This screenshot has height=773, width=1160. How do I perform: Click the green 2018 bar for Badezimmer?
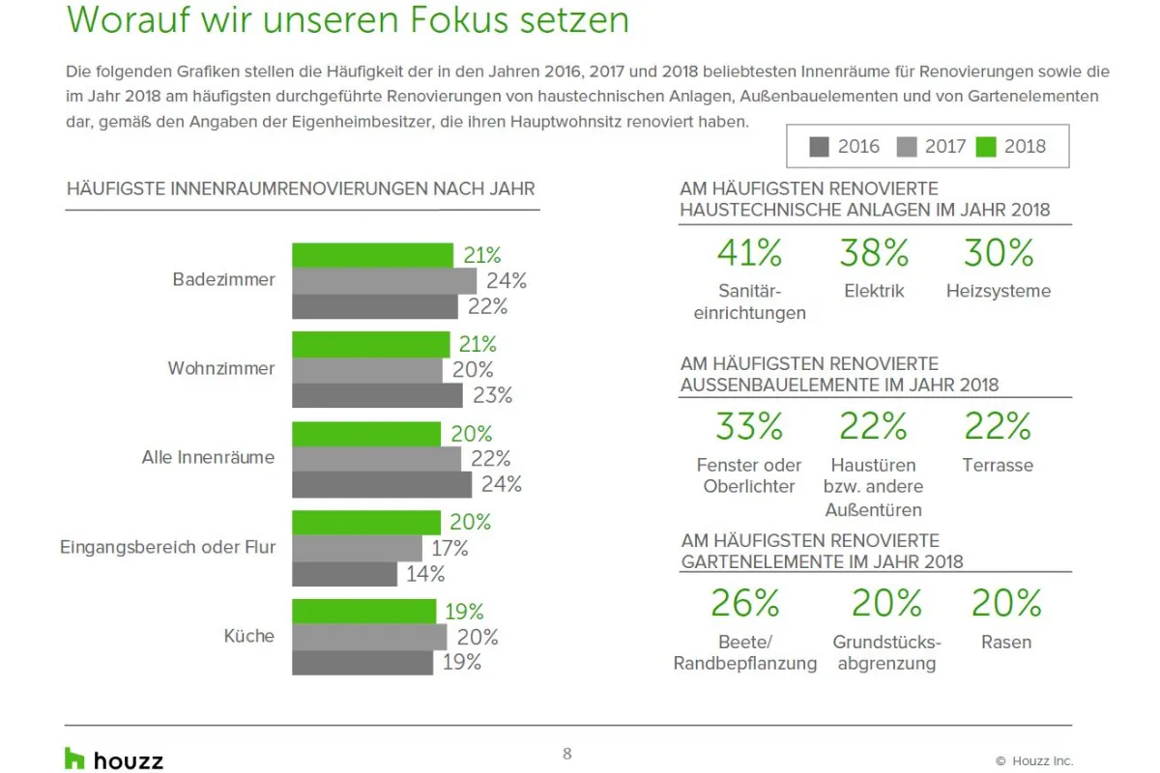tap(372, 256)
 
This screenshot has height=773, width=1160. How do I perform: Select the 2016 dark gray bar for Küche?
tap(362, 663)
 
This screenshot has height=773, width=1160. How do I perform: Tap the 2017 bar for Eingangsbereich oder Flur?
tap(357, 549)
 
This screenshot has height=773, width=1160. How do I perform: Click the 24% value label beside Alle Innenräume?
tap(501, 484)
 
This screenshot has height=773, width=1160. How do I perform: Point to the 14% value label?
tap(424, 574)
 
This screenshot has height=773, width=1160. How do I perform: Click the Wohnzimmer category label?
tap(221, 368)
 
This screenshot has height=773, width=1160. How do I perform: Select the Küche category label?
tap(248, 637)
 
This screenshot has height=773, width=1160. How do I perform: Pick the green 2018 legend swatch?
tap(986, 147)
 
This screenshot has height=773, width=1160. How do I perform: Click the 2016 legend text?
tap(858, 147)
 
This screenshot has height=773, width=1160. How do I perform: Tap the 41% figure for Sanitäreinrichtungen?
tap(749, 253)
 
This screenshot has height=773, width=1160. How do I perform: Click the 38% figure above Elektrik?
tap(874, 253)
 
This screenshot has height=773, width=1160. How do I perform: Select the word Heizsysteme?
tap(998, 291)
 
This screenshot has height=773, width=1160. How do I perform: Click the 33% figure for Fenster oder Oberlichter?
tap(749, 426)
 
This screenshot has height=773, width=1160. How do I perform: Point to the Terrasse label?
tap(998, 465)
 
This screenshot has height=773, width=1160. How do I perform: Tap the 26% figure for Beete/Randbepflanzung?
tap(745, 603)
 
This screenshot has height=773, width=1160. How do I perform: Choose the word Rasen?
tap(1006, 642)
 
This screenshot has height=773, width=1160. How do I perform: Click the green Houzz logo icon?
tap(74, 759)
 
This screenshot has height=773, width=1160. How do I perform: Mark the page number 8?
tap(567, 754)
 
